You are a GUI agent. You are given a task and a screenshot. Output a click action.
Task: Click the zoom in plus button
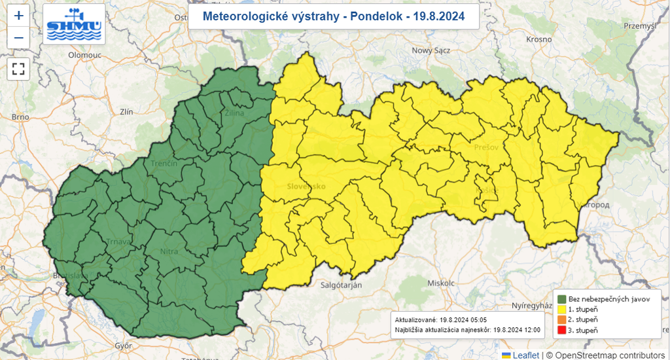click(18, 16)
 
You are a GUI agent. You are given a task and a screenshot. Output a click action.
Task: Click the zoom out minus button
click(18, 38)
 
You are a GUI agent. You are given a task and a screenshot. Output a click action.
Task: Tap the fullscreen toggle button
click(18, 68)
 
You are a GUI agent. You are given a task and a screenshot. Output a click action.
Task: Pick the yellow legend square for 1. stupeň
click(561, 308)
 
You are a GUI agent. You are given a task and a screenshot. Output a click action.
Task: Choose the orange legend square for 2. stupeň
click(561, 319)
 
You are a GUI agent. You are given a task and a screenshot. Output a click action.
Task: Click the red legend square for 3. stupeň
click(561, 329)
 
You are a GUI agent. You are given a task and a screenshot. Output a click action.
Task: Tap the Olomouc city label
click(83, 56)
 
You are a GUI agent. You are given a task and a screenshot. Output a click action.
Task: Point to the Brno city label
click(20, 117)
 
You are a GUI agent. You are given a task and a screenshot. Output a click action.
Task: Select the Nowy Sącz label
click(432, 50)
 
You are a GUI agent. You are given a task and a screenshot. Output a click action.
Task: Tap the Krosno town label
click(539, 39)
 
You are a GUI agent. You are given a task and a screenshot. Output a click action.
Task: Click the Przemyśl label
click(639, 26)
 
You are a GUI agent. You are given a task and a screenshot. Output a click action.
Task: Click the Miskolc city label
click(440, 283)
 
